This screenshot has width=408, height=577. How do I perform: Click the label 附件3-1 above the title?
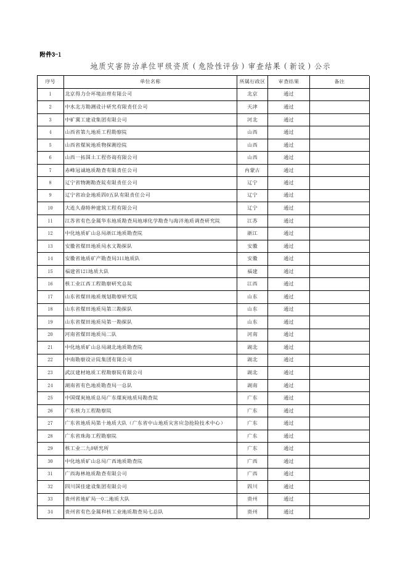click(50, 55)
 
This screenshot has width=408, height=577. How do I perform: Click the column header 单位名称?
click(150, 81)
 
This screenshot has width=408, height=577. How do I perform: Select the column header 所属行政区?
click(252, 81)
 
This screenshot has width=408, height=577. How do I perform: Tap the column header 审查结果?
click(288, 81)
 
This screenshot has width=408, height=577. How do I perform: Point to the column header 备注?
click(339, 81)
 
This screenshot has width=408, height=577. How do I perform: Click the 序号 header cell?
click(50, 81)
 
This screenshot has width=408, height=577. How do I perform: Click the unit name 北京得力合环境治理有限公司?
click(99, 94)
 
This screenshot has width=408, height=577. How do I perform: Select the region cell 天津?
click(252, 107)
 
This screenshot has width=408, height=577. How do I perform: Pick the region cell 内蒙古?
click(252, 170)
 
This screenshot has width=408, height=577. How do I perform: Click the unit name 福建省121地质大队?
click(87, 271)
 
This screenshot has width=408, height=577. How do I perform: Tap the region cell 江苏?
click(252, 221)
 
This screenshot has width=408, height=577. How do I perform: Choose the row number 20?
click(50, 334)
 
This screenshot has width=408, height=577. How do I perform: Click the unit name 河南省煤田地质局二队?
click(91, 334)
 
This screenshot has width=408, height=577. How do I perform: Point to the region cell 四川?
click(252, 486)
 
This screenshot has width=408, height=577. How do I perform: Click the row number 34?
click(50, 512)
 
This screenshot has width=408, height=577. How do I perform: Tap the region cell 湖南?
click(252, 385)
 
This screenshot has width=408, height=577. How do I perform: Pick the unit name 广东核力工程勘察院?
click(88, 411)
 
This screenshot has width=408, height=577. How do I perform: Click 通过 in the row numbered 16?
click(288, 284)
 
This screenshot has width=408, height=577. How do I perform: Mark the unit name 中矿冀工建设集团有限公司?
click(96, 120)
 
